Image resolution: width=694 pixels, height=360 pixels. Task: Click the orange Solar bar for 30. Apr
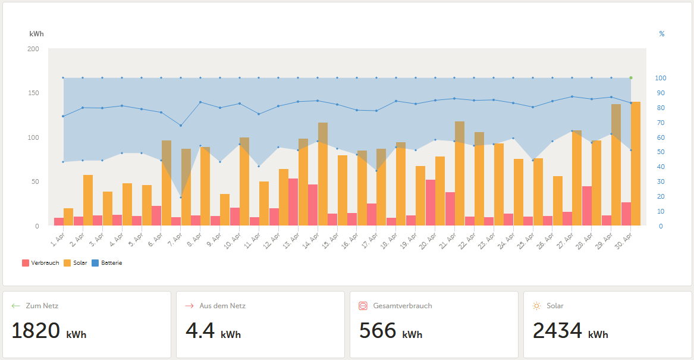click(x=636, y=164)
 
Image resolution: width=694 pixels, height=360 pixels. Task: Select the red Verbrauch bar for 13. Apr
click(x=293, y=202)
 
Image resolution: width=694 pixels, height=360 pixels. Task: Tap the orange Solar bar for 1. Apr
click(x=68, y=217)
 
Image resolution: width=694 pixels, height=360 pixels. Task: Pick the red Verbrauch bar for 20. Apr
click(x=430, y=203)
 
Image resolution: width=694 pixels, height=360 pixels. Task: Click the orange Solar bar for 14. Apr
click(x=323, y=174)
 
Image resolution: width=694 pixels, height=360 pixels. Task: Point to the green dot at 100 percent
click(x=631, y=78)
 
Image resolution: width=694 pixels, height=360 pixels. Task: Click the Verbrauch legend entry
click(x=40, y=263)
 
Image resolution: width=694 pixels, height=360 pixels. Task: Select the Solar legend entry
click(x=76, y=263)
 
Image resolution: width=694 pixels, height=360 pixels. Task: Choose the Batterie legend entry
click(x=106, y=263)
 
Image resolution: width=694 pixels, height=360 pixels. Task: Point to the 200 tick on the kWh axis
click(x=33, y=49)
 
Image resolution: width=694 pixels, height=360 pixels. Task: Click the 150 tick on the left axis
click(x=33, y=93)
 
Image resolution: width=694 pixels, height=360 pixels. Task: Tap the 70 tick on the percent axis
click(x=661, y=123)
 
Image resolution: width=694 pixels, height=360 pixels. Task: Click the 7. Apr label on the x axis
click(x=175, y=240)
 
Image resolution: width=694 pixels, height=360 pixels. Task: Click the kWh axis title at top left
click(x=37, y=34)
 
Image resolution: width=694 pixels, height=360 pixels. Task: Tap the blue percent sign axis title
click(x=662, y=34)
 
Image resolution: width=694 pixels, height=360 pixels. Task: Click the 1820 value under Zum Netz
click(x=36, y=331)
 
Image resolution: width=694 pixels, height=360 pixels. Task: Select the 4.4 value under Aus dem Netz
click(x=200, y=331)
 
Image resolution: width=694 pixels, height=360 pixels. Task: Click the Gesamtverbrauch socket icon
click(x=363, y=306)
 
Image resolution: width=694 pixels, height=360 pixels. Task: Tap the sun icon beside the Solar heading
click(x=536, y=306)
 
